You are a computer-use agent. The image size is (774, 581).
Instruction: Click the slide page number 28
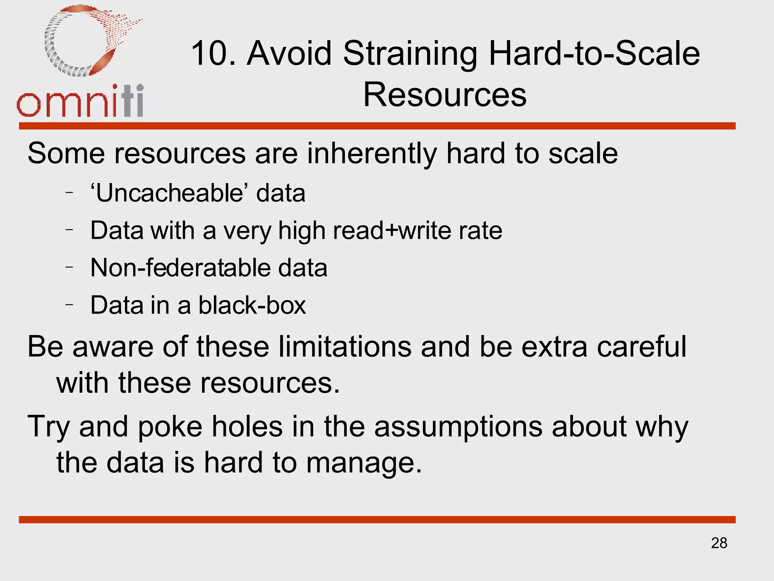[719, 543]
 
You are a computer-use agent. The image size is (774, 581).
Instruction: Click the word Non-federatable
[180, 268]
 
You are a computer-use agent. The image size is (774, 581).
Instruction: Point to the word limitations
[345, 346]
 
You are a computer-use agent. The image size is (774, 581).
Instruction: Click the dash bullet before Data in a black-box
[69, 304]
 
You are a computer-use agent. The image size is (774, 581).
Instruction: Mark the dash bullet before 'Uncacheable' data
[69, 193]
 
